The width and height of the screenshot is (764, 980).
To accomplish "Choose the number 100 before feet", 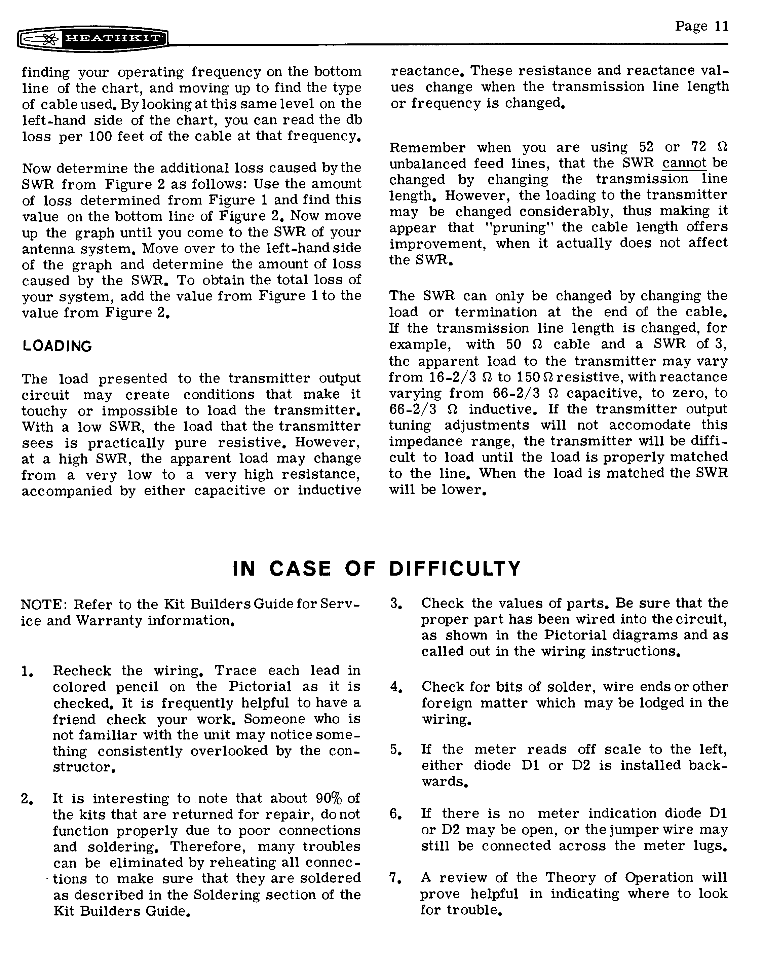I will pos(97,136).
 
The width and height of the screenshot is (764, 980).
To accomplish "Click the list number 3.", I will pos(395,604).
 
